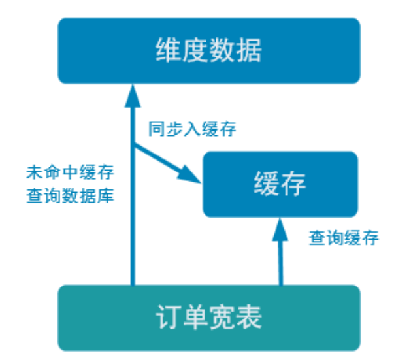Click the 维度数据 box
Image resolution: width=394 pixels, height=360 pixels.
[208, 50]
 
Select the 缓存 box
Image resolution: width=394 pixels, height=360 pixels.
[280, 184]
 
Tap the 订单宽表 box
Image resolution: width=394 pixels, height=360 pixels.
[208, 318]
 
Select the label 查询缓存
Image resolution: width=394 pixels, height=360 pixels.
[344, 238]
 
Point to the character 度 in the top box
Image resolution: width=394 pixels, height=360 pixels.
[195, 50]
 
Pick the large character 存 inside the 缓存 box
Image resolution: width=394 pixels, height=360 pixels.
[293, 184]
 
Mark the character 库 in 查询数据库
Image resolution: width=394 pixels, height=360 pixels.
[107, 195]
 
